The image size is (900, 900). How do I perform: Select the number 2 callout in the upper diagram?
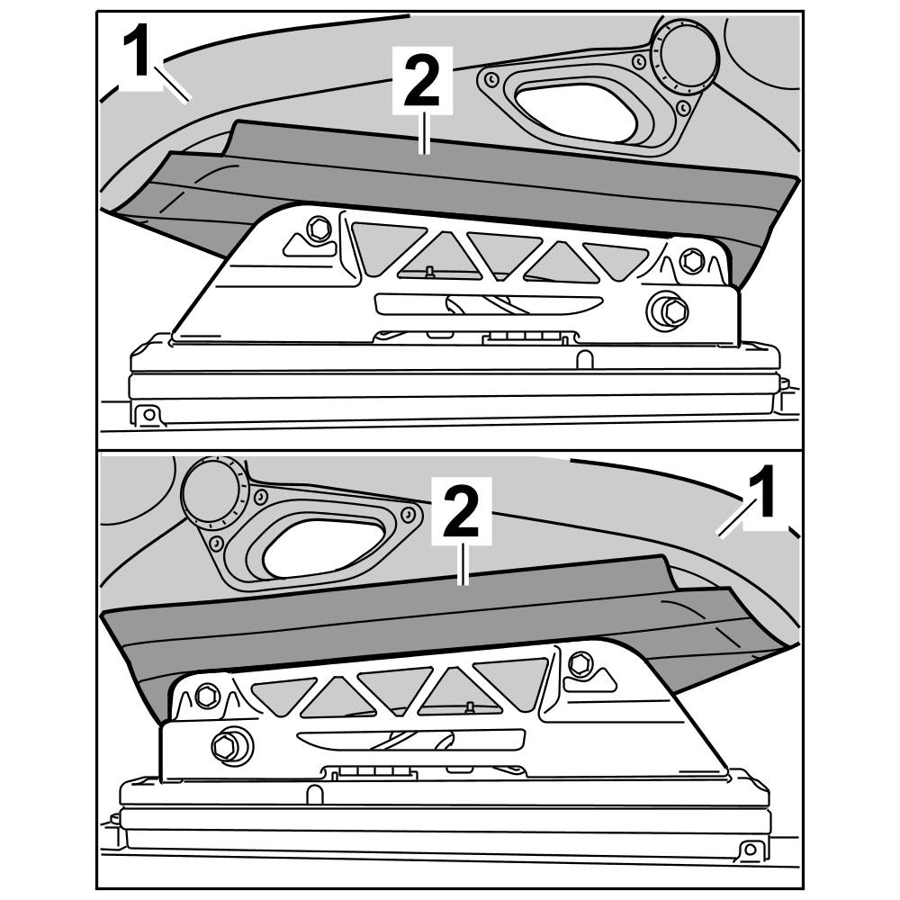422,81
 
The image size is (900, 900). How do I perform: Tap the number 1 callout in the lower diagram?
764,491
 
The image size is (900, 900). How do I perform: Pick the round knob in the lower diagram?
211,491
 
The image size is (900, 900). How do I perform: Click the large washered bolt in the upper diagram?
668,311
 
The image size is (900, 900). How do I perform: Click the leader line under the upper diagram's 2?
424,132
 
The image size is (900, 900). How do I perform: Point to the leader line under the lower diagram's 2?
463,562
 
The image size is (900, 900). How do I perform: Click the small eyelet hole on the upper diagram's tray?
149,414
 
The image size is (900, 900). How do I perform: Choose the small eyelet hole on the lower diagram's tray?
749,849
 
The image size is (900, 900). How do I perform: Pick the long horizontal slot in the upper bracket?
489,305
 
